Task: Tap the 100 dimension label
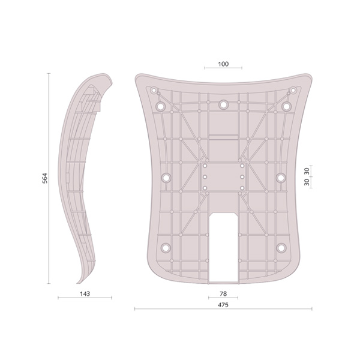[x=223, y=64]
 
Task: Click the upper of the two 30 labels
[x=307, y=171]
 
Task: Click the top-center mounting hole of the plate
[x=223, y=104]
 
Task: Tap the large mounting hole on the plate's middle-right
[x=280, y=178]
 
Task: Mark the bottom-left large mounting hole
[x=166, y=247]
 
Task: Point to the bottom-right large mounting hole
[x=281, y=247]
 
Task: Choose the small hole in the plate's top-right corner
[x=293, y=91]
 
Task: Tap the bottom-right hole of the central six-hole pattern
[x=242, y=188]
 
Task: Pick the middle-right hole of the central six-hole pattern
[x=242, y=178]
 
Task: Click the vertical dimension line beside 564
[x=50, y=178]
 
